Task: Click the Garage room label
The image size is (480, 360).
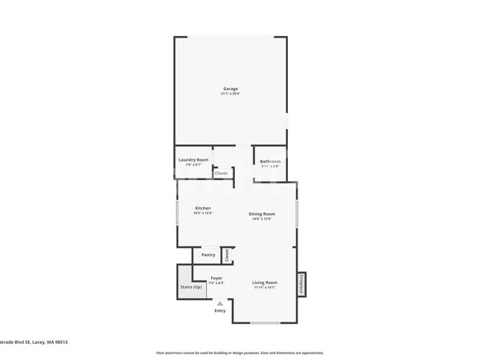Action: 230,89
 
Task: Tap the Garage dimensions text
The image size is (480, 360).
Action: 230,94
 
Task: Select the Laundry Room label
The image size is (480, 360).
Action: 193,160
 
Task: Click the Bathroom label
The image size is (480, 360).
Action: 270,161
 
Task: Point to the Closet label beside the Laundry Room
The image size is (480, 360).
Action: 222,173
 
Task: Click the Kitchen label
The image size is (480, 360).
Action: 203,208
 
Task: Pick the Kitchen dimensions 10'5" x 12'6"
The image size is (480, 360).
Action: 203,213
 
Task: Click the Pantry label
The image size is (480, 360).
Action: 208,255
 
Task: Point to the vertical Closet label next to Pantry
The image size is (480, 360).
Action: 227,255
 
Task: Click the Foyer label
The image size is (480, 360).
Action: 216,278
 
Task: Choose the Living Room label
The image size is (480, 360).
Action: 264,283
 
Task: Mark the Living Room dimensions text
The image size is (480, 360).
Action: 264,288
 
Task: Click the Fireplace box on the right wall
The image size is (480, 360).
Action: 301,283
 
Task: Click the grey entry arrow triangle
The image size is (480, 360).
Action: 219,303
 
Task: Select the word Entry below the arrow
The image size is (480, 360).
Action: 220,311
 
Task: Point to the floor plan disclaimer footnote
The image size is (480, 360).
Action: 239,353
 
